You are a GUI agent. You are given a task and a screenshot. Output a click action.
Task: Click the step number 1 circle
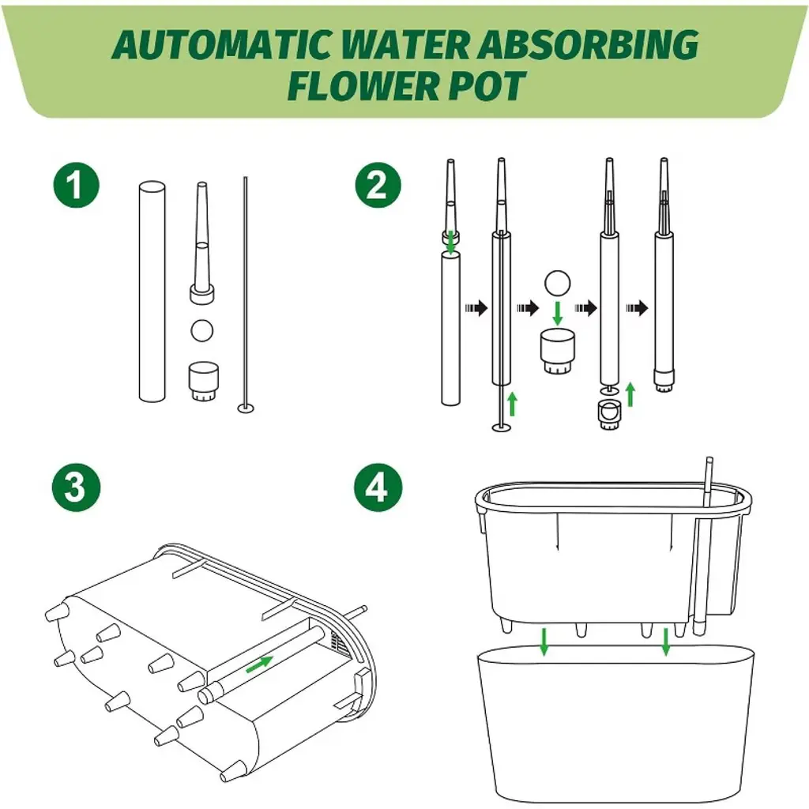click(77, 185)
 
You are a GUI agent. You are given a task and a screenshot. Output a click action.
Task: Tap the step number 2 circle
click(378, 185)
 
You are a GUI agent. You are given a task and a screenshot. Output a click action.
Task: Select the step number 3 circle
click(77, 487)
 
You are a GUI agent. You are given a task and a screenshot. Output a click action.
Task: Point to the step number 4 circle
click(378, 487)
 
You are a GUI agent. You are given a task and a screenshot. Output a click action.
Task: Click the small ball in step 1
click(201, 330)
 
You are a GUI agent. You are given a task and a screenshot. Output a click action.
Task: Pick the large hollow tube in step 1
click(152, 292)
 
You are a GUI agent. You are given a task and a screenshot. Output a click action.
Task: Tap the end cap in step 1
click(203, 382)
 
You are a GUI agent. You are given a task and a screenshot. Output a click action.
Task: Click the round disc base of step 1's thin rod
click(246, 408)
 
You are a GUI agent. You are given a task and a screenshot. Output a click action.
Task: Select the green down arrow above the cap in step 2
click(557, 313)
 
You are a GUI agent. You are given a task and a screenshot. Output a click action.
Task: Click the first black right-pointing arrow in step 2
click(476, 308)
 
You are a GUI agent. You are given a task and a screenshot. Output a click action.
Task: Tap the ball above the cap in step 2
click(557, 284)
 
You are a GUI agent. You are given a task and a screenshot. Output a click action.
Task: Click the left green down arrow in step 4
click(544, 642)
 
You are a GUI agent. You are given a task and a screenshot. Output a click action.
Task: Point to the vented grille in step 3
click(340, 645)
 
